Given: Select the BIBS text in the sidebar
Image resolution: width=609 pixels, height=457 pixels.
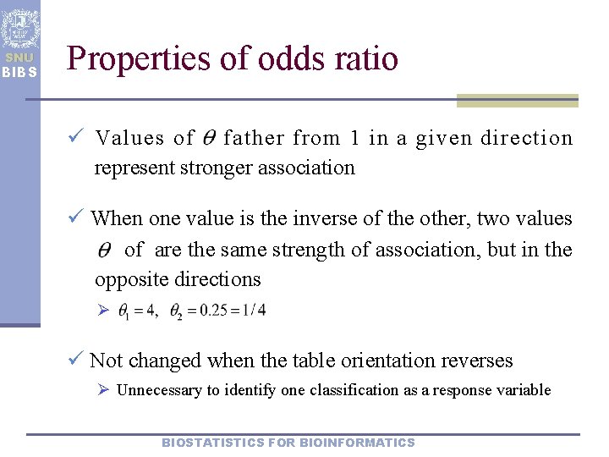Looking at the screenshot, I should pyautogui.click(x=19, y=72).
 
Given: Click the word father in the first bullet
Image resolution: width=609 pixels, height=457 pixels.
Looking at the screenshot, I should pyautogui.click(x=255, y=138).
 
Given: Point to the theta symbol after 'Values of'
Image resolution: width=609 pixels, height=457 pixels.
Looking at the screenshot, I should pyautogui.click(x=209, y=138).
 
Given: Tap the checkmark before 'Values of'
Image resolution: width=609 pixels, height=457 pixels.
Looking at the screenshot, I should pyautogui.click(x=76, y=138).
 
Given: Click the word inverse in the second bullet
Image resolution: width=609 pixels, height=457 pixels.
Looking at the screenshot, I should pyautogui.click(x=330, y=218).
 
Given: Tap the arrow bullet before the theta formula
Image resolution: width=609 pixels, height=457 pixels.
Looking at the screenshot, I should pyautogui.click(x=102, y=311).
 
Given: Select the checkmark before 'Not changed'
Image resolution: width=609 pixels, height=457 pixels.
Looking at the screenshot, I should pyautogui.click(x=76, y=361).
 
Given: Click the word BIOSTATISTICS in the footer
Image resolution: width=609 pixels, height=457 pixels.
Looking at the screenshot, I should pyautogui.click(x=211, y=443).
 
